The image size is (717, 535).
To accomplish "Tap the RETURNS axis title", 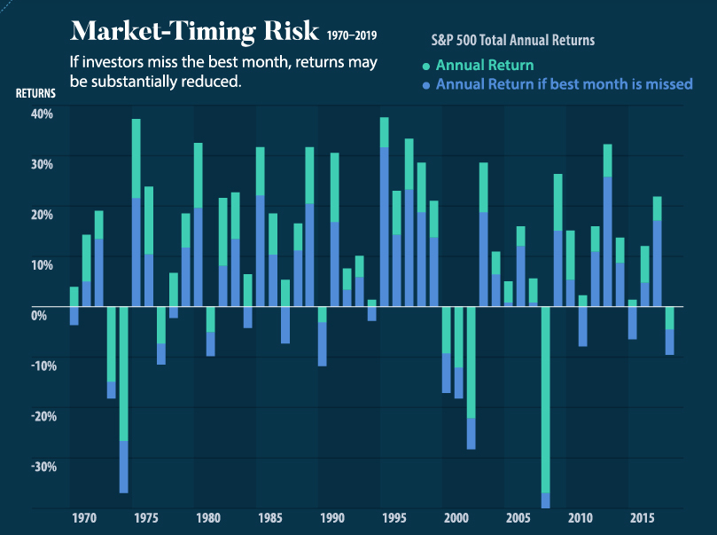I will point(35,91).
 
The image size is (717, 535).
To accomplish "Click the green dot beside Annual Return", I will point(426,67).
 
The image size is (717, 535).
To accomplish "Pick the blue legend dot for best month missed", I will point(426,86).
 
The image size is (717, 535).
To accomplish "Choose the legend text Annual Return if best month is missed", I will point(565,85).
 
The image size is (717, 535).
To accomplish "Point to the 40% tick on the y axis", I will point(43,113).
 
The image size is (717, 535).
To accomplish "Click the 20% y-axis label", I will point(43,214).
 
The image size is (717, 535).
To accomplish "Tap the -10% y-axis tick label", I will point(41,366).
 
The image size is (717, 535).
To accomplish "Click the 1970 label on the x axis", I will point(85,517).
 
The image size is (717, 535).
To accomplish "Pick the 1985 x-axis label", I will point(271,517).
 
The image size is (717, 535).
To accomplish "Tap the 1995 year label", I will point(394,517).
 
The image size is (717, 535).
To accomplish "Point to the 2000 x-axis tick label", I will point(457,517).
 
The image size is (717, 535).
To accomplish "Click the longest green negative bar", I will point(546,399).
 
